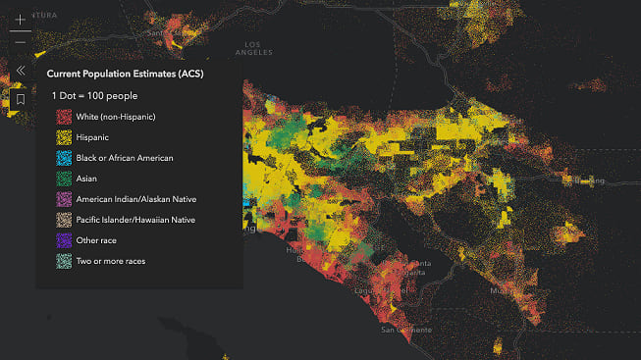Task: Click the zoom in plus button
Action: click(x=20, y=20)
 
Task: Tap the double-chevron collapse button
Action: click(x=20, y=71)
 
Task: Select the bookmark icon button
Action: click(x=20, y=99)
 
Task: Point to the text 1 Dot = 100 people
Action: click(x=94, y=96)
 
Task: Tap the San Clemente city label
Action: click(x=404, y=331)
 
